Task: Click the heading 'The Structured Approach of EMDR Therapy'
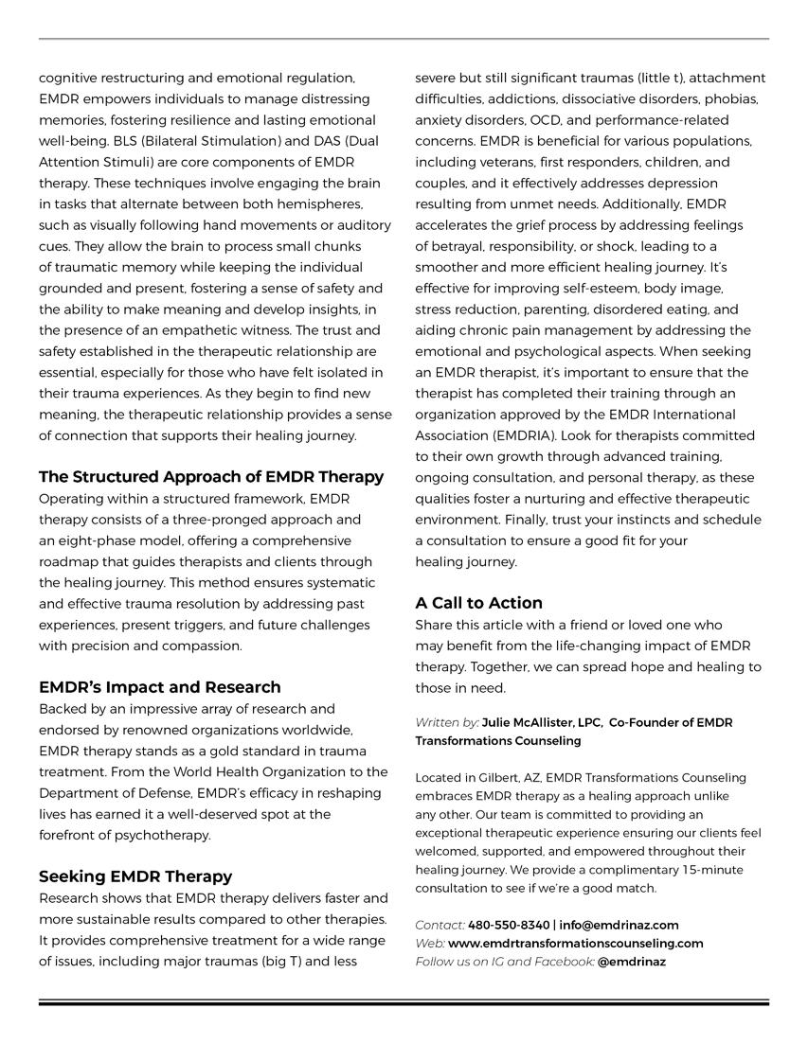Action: coord(211,477)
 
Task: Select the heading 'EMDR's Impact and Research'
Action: coord(160,687)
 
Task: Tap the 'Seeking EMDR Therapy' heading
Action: coord(135,876)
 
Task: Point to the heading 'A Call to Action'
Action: coord(478,603)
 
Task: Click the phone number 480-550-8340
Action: coord(509,925)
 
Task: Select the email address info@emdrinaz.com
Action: coord(619,925)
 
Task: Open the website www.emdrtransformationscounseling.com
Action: coord(576,943)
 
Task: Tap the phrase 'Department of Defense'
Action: coord(112,793)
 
